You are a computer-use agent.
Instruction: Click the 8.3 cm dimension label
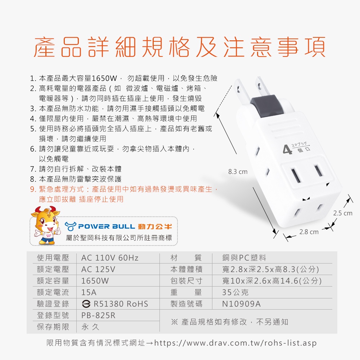238,172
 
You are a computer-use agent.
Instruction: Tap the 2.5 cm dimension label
343,213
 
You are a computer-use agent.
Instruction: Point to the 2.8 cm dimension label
309,232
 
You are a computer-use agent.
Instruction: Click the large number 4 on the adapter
287,150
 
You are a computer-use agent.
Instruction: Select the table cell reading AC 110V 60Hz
110,258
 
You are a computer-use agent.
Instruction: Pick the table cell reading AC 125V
98,269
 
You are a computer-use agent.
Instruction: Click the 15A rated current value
89,292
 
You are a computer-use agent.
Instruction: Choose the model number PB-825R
98,315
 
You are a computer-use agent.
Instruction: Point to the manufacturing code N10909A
241,304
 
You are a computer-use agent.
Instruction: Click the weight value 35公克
235,292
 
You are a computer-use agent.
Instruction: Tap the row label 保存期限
53,327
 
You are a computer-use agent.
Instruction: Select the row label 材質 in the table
186,258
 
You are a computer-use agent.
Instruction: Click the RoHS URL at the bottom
235,343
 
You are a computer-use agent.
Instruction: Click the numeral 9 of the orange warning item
33,189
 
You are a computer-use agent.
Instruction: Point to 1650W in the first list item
104,78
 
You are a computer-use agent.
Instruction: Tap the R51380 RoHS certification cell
115,304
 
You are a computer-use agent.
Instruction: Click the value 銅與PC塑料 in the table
244,258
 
